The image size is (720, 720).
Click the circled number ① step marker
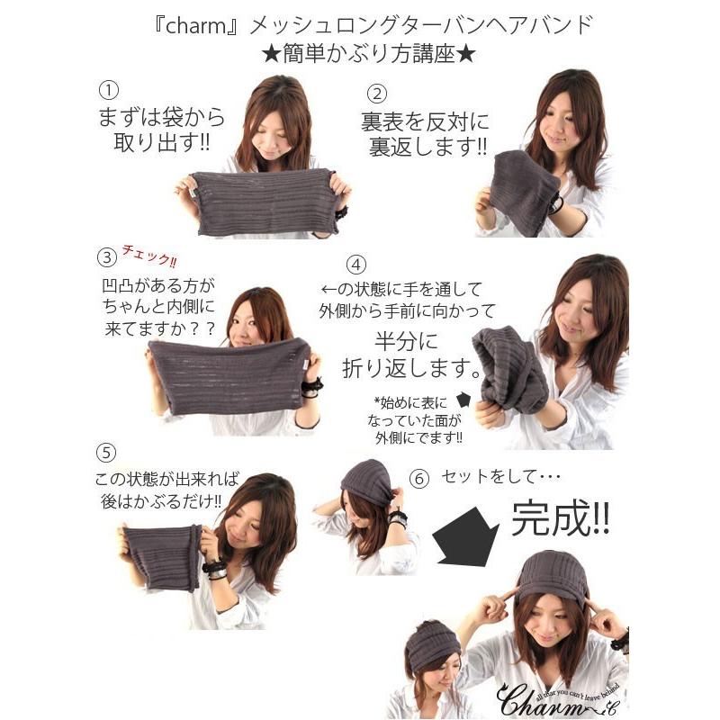[109, 90]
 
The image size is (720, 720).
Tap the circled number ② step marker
[377, 94]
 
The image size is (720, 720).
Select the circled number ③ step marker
[107, 256]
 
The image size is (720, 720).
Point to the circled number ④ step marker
[355, 265]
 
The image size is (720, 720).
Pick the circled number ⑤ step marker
[106, 454]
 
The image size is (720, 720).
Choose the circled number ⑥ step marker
[419, 479]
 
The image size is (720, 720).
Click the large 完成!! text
[561, 517]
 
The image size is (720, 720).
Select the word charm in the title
[196, 26]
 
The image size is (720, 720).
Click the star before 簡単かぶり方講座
[272, 55]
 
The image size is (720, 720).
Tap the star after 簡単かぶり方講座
[466, 55]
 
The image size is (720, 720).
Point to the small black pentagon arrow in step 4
[463, 400]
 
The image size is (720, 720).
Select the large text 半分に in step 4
[408, 342]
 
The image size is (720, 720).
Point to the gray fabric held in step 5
[162, 557]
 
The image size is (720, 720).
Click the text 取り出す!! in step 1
[162, 143]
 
